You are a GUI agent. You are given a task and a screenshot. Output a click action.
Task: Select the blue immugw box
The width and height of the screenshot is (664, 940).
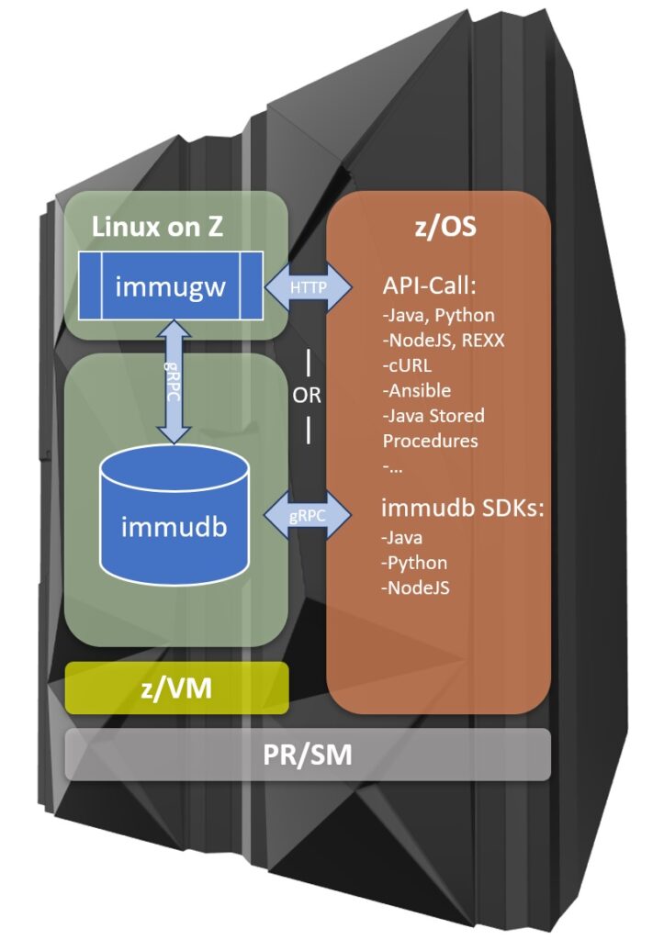[169, 286]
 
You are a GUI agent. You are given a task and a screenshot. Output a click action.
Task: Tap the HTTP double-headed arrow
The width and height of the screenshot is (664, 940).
[309, 287]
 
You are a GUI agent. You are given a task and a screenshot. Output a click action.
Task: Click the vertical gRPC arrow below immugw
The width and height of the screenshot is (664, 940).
[174, 381]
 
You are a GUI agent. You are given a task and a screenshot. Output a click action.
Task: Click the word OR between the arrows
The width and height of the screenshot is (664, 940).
[308, 397]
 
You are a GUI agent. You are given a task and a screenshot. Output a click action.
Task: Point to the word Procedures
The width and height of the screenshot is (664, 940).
[430, 440]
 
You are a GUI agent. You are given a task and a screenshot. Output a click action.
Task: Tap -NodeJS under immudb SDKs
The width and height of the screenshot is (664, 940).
[416, 587]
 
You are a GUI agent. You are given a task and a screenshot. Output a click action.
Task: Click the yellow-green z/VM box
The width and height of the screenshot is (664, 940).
[176, 688]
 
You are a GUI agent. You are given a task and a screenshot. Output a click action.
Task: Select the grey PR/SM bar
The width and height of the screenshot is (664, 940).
[307, 755]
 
